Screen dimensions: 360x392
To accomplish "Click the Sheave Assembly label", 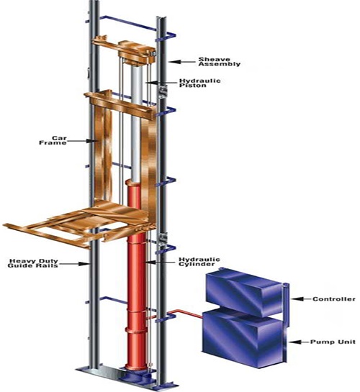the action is (x=219, y=62).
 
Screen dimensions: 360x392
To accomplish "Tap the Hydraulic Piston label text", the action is (x=200, y=83).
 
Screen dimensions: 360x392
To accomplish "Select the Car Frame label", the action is (x=53, y=140).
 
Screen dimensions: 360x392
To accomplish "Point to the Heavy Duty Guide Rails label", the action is (x=33, y=263).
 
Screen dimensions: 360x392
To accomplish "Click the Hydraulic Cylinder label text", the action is (x=199, y=262).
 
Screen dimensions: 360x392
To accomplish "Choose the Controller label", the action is (x=334, y=299).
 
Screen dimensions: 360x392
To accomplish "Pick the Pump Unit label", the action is (x=333, y=342).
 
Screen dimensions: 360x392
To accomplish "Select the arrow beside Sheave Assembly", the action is (x=182, y=62).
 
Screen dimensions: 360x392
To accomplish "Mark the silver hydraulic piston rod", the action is (x=137, y=122).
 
